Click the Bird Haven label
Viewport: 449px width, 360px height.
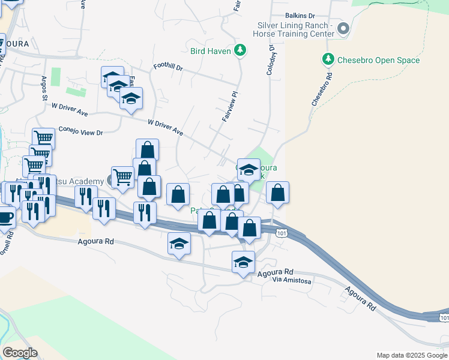(211, 51)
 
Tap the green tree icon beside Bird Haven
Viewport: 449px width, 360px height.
(240, 50)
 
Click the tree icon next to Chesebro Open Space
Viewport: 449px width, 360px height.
(328, 59)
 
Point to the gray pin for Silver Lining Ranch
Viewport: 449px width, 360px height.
(343, 28)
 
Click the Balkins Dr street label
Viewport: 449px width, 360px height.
(301, 15)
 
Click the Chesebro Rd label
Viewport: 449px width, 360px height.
(322, 89)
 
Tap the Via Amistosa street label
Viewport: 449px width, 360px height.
(292, 280)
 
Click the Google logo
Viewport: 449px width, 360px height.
(20, 352)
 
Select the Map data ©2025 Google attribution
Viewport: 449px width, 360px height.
(411, 355)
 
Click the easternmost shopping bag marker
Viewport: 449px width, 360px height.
(277, 193)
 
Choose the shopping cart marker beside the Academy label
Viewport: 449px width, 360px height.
(122, 177)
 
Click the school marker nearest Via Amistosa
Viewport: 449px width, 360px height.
(243, 262)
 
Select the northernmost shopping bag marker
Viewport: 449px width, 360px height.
(147, 150)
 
